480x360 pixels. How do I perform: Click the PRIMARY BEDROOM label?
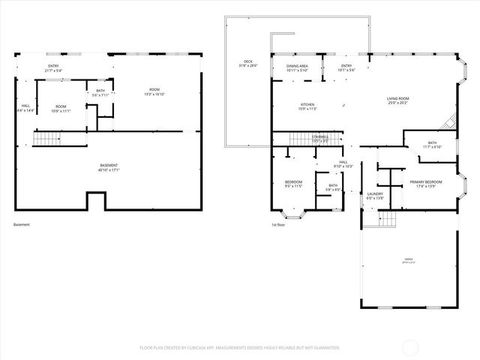pyautogui.click(x=425, y=181)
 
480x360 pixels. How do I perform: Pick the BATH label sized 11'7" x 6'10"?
pyautogui.click(x=432, y=144)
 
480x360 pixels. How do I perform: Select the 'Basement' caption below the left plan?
pyautogui.click(x=22, y=224)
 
